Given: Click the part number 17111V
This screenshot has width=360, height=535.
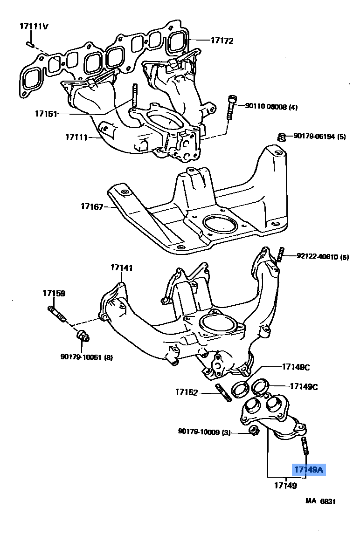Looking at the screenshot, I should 34,26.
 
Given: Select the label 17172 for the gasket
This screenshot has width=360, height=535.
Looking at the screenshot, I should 222,41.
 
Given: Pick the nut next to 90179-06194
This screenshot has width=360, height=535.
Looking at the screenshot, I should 281,137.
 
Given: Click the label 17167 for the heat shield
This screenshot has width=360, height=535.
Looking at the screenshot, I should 91,206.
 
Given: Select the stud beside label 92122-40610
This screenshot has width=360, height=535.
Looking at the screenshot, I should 281,254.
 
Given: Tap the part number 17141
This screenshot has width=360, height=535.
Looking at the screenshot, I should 122,268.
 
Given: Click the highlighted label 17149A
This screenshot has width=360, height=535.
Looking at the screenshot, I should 308,470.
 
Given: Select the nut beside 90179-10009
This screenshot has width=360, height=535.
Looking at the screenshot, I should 254,431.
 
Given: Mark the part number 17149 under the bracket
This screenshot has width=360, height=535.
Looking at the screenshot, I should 285,486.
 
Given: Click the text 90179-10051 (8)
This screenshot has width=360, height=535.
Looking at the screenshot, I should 87,357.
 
